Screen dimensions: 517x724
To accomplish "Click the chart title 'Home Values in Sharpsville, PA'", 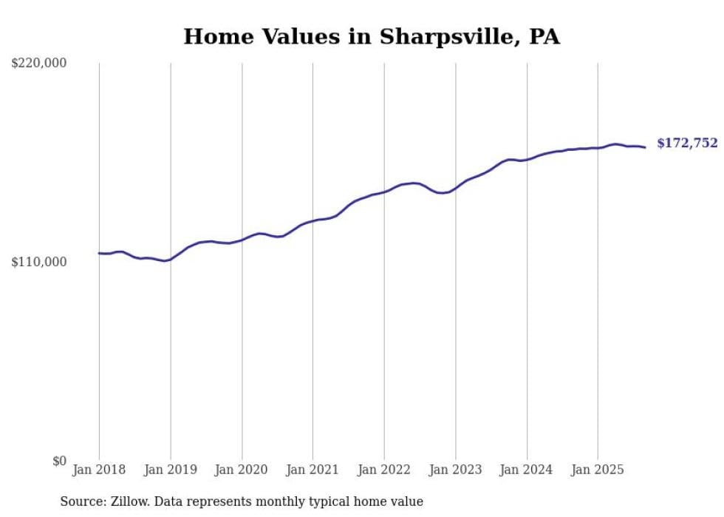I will coord(372,36).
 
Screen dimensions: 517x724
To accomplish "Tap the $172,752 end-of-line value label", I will coord(687,143).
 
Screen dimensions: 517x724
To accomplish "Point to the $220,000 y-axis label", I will coord(39,64).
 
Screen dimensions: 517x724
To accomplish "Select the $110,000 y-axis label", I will coord(39,262).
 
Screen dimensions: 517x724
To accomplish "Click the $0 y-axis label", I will coord(59,461).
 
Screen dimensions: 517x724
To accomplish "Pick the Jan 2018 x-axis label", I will coord(99,470).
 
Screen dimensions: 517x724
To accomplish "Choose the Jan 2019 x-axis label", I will coord(171,470).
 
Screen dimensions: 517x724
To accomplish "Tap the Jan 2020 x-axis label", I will coord(242,470).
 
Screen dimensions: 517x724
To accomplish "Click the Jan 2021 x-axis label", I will coord(313,470).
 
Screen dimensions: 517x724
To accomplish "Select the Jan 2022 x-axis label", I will coord(384,470).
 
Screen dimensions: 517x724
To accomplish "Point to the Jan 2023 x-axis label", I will coord(455,470).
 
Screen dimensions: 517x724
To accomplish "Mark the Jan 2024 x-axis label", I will coord(527,470).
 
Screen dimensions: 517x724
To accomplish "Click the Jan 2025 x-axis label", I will coord(598,470).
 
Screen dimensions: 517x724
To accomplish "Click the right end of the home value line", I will coord(645,147).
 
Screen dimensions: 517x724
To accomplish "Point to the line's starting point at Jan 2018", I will coord(99,253).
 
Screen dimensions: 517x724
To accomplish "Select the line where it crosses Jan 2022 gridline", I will coord(384,191).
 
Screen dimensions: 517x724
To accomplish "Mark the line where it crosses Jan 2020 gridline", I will coord(242,240).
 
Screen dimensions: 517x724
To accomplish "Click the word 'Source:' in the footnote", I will coord(81,501).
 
